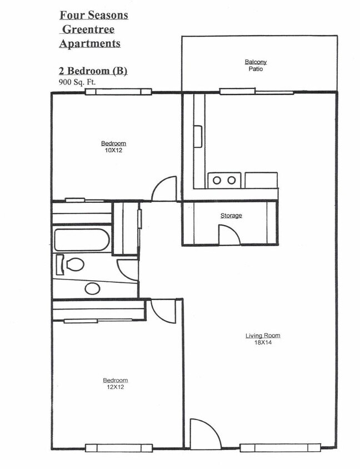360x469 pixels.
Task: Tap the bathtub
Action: pyautogui.click(x=82, y=240)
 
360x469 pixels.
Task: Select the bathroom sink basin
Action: pyautogui.click(x=92, y=288)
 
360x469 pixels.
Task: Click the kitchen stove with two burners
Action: pyautogui.click(x=224, y=180)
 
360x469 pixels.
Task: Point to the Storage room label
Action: pyautogui.click(x=231, y=216)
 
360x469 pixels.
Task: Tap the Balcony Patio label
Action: pyautogui.click(x=256, y=66)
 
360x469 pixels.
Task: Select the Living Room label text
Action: pyautogui.click(x=263, y=335)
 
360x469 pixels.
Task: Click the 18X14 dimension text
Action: pyautogui.click(x=262, y=342)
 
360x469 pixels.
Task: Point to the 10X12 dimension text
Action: pyautogui.click(x=113, y=151)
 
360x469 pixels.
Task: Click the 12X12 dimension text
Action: pyautogui.click(x=114, y=387)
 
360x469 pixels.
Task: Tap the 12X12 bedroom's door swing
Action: pyautogui.click(x=164, y=311)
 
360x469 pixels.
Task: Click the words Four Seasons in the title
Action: pyautogui.click(x=93, y=15)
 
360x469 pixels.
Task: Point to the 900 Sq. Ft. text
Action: pyautogui.click(x=77, y=82)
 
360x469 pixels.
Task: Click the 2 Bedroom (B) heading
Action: pyautogui.click(x=93, y=71)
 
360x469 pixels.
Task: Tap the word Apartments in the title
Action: pyautogui.click(x=90, y=43)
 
